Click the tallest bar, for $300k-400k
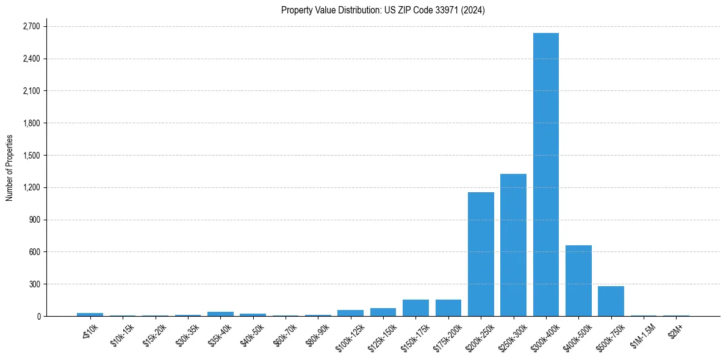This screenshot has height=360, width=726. coord(545,175)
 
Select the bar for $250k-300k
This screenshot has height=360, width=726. coord(513,245)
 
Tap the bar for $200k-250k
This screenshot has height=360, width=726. coord(481,254)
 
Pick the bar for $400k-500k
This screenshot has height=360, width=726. coord(578,281)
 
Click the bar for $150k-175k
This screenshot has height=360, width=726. coord(415,308)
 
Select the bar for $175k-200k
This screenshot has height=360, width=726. coord(448,308)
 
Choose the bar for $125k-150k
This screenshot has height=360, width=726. coord(383,312)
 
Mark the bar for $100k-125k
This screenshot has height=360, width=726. coord(350,313)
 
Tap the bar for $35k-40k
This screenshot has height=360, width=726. coord(220,314)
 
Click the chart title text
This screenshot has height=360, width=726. coord(383,10)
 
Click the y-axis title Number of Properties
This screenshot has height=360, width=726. coord(10,168)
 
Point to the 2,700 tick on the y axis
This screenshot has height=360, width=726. coord(31,27)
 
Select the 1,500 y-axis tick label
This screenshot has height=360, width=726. coord(31,156)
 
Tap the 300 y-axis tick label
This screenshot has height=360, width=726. coord(33,284)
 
